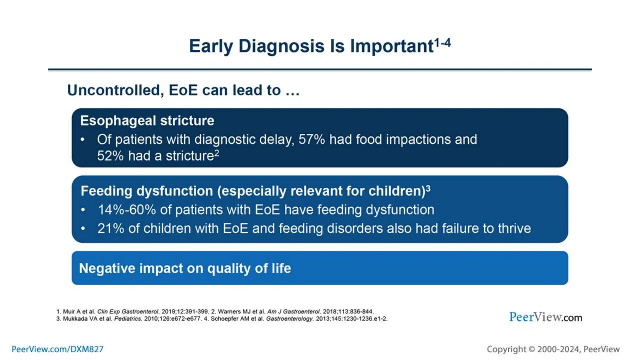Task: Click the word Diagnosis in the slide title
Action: click(x=281, y=46)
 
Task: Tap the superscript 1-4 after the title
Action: click(x=442, y=42)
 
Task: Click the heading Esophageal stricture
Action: click(x=147, y=121)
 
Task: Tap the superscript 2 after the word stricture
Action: click(x=217, y=153)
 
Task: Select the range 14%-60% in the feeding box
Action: click(x=127, y=210)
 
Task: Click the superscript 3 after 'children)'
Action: click(x=428, y=188)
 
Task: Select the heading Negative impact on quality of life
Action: click(x=185, y=268)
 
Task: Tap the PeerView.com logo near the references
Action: click(x=545, y=317)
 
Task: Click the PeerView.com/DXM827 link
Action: click(x=57, y=349)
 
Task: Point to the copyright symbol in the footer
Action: click(x=532, y=349)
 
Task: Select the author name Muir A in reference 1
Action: click(x=72, y=312)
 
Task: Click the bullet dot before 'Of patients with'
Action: click(x=82, y=139)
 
